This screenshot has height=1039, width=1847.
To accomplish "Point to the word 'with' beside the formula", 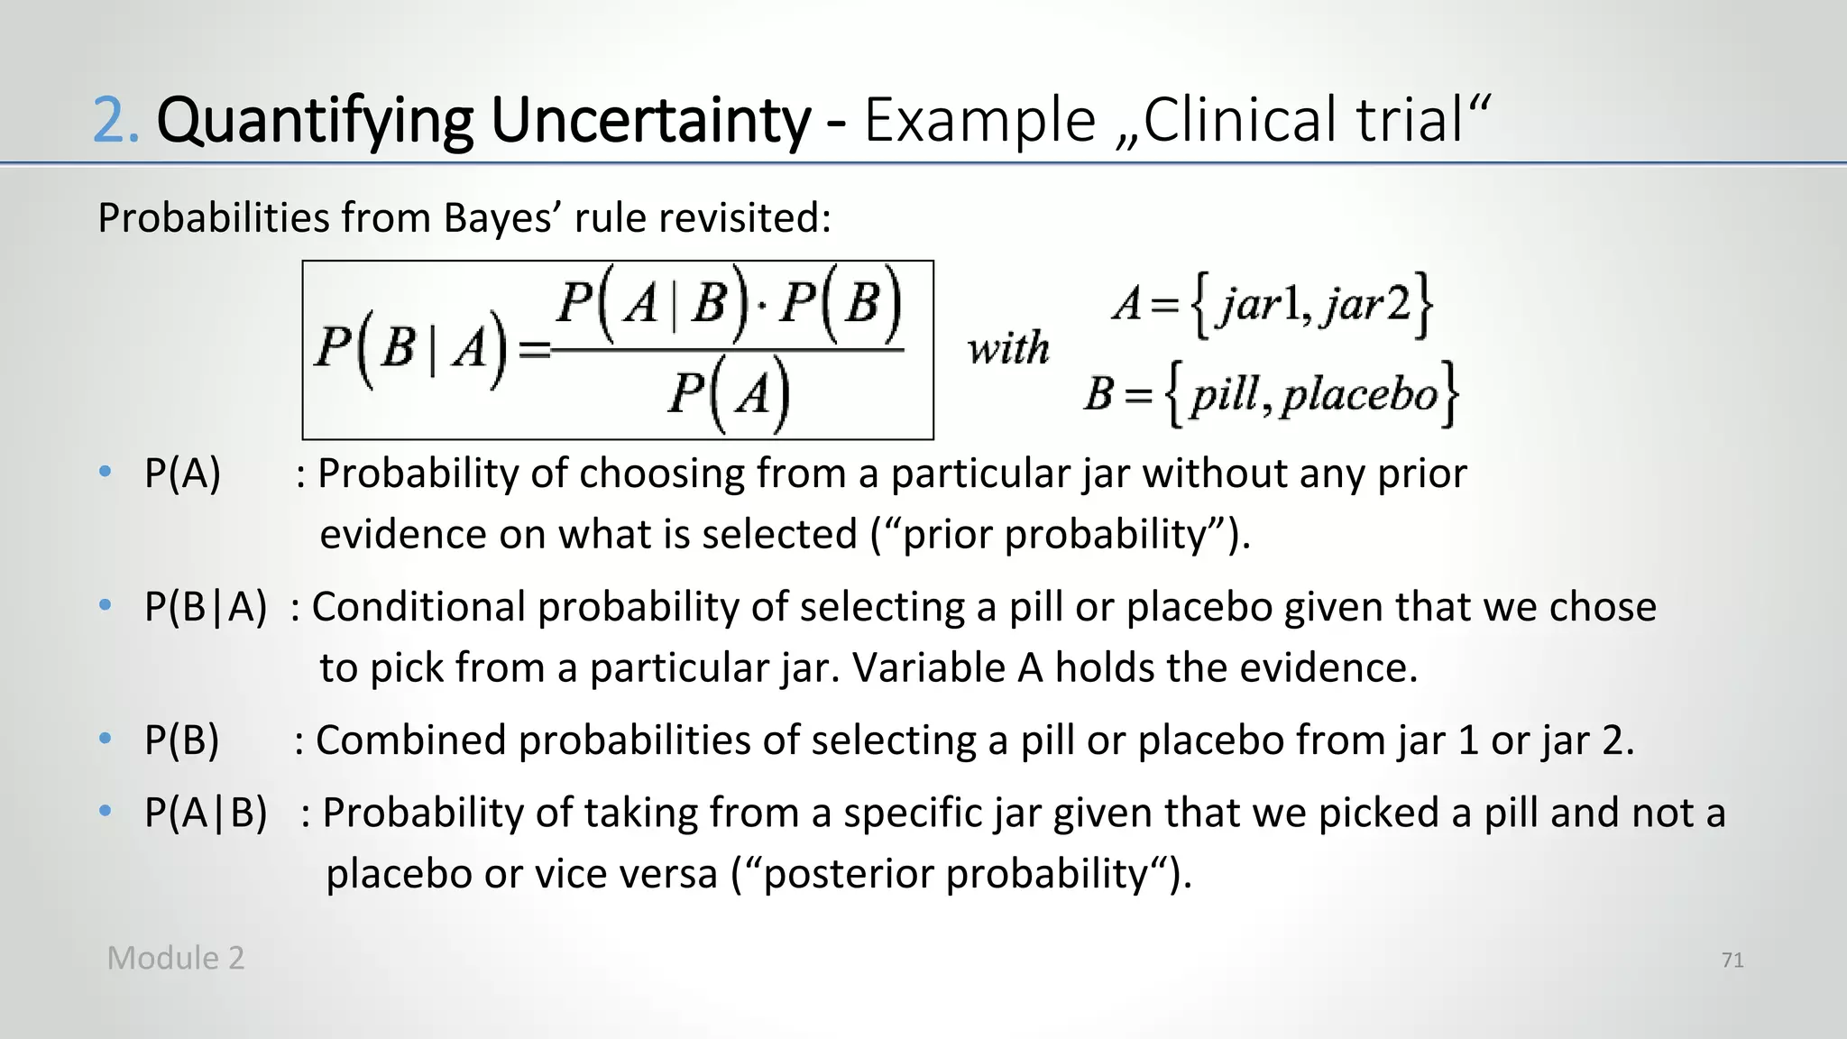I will pyautogui.click(x=1008, y=348).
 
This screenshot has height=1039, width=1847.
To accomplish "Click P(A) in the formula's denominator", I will pyautogui.click(x=729, y=395).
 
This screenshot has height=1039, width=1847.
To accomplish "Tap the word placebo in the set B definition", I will pyautogui.click(x=1359, y=395).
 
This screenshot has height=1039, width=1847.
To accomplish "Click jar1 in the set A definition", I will pyautogui.click(x=1257, y=304).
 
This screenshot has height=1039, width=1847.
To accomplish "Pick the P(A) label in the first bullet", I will pyautogui.click(x=182, y=474).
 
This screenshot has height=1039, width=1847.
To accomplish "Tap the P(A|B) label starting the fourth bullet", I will pyautogui.click(x=206, y=814).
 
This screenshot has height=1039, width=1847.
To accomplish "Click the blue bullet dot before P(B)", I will pyautogui.click(x=106, y=739).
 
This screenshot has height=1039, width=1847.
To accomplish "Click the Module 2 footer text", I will pyautogui.click(x=176, y=959).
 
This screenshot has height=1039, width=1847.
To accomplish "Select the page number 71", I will pyautogui.click(x=1732, y=961).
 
